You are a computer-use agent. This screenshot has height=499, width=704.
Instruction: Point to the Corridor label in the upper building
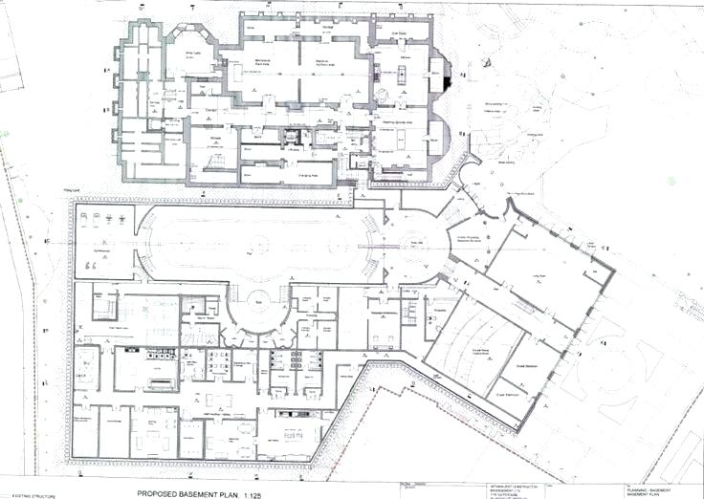click(x=213, y=111)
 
